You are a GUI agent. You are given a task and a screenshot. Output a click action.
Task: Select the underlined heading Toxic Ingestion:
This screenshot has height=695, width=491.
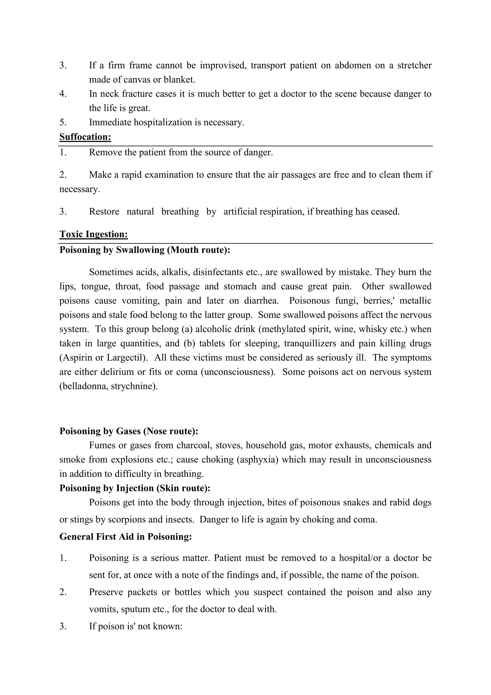[94, 234]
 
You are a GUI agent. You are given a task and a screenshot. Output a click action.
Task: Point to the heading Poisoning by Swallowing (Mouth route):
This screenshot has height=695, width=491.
[145, 250]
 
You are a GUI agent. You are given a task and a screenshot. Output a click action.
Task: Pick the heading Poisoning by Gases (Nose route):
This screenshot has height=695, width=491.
[129, 431]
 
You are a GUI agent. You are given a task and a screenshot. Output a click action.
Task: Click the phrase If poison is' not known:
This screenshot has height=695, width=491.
[135, 626]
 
